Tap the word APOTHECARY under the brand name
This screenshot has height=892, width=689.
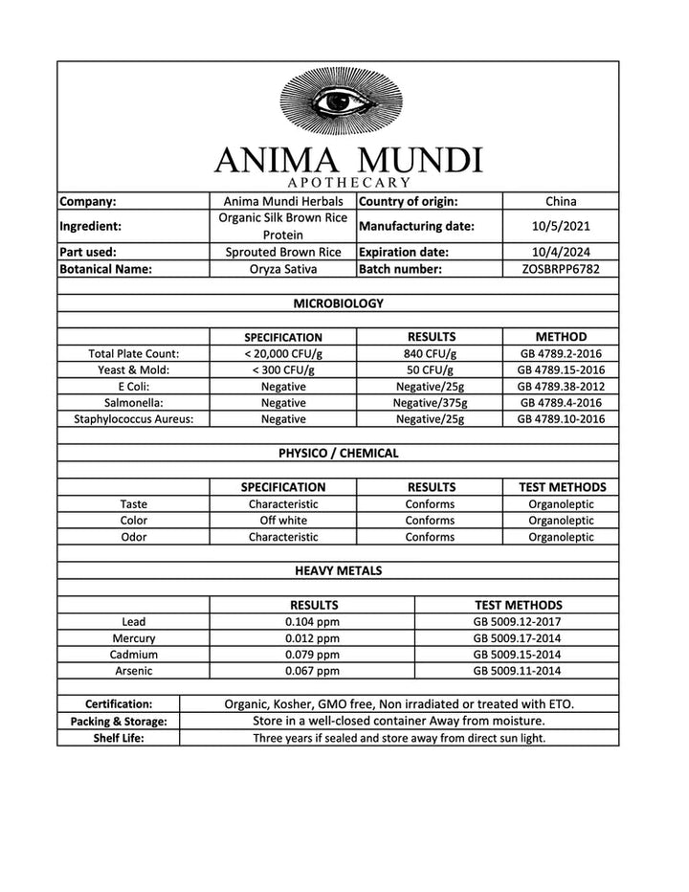coord(348,182)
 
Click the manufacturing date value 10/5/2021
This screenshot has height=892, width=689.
coord(560,227)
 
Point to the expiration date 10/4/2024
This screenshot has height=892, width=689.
coord(560,252)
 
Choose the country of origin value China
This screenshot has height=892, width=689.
coord(560,201)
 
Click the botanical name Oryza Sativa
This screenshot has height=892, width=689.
coord(282,270)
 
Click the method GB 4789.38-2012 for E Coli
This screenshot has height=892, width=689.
coord(561,386)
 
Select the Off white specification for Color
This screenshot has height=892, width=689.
coord(282,521)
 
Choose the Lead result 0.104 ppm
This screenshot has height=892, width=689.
coord(312,621)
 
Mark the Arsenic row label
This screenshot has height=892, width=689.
coord(133,671)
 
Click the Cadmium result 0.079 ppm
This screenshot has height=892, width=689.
coord(312,655)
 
